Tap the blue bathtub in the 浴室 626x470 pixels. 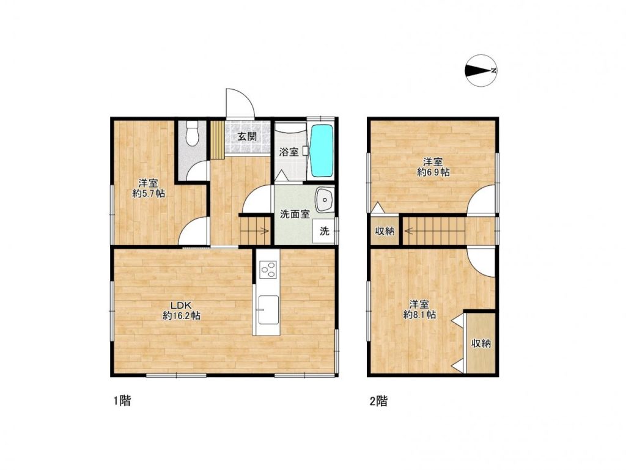322,151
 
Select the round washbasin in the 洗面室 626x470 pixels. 324,199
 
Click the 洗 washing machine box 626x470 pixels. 324,231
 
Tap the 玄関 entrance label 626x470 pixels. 247,136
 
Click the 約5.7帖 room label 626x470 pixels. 149,194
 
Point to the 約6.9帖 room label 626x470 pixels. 433,172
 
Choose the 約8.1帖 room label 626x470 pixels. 419,314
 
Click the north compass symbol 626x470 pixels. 481,71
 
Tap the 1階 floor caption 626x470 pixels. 122,400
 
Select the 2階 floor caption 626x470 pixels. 378,400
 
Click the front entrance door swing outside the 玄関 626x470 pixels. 240,103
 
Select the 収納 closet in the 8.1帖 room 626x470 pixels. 481,343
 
